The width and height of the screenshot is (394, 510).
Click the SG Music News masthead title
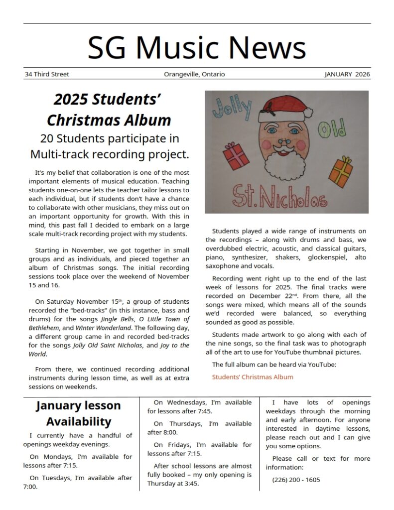tap(197, 48)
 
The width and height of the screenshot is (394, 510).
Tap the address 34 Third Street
tap(47, 74)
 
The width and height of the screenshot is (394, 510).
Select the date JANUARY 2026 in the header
tap(347, 74)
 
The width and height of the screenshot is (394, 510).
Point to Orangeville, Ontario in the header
tap(194, 74)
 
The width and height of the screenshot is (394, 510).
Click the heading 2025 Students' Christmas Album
tap(109, 110)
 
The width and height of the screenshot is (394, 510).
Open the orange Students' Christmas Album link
tap(253, 377)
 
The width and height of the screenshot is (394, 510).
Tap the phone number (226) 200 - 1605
tap(296, 480)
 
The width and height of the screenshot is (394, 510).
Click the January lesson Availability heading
tap(78, 413)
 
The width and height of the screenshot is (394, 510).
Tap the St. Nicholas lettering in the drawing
tap(280, 197)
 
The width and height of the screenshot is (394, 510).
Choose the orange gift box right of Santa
tap(341, 171)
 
